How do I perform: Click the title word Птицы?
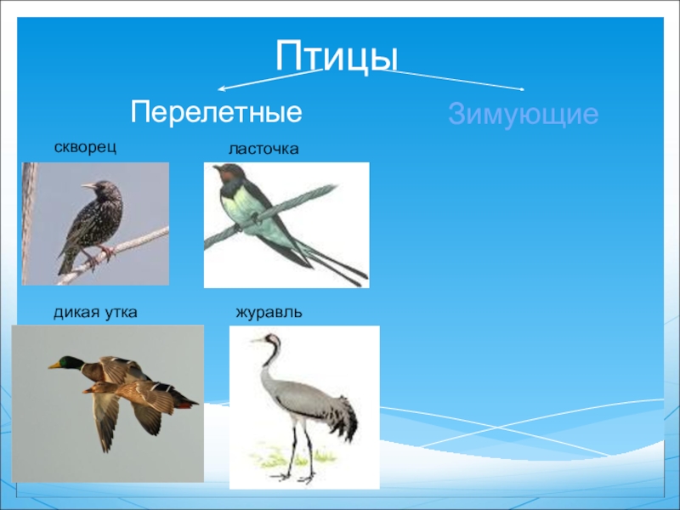[x=337, y=56]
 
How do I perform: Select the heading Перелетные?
[x=216, y=113]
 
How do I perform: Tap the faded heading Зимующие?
[x=523, y=115]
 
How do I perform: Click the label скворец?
[x=85, y=147]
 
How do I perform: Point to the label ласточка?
[x=263, y=149]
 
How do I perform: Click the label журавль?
[x=269, y=313]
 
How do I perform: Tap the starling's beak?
[x=88, y=185]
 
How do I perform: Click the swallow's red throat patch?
[x=229, y=176]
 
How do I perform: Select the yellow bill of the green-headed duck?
[x=54, y=365]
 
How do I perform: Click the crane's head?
[x=271, y=338]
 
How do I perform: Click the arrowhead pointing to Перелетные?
[x=221, y=89]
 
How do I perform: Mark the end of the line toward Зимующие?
[x=523, y=89]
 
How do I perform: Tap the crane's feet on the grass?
[x=292, y=477]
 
